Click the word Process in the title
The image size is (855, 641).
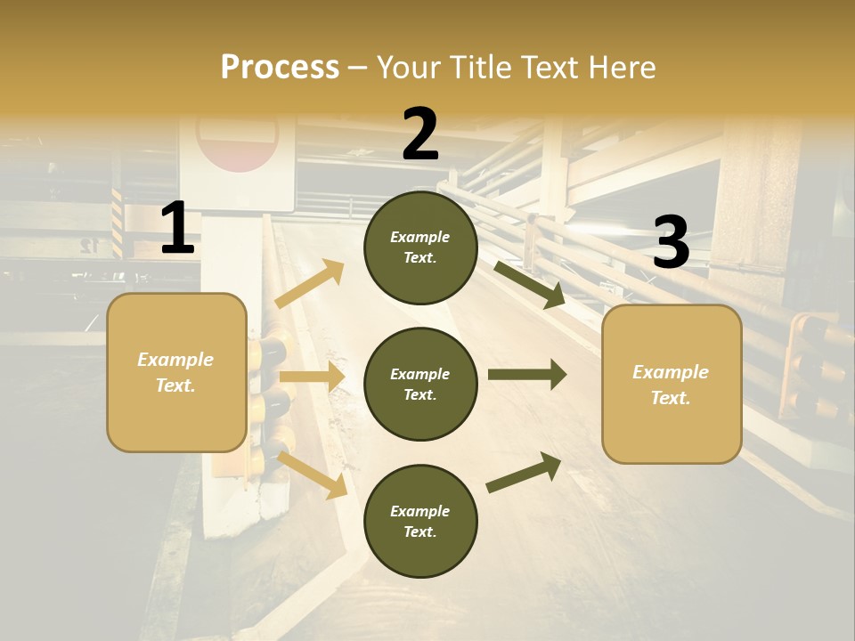pyautogui.click(x=280, y=68)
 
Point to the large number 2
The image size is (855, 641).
pyautogui.click(x=420, y=134)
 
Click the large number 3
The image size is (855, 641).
pyautogui.click(x=672, y=242)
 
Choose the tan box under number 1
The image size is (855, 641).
pyautogui.click(x=176, y=372)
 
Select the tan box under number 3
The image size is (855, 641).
pyautogui.click(x=672, y=385)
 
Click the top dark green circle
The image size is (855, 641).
pyautogui.click(x=420, y=247)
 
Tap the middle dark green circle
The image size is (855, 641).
pyautogui.click(x=420, y=385)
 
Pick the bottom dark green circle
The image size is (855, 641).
pyautogui.click(x=420, y=522)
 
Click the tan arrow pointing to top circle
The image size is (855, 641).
pyautogui.click(x=310, y=284)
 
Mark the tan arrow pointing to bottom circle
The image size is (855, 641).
pyautogui.click(x=312, y=475)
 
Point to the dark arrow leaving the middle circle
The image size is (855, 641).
pyautogui.click(x=527, y=374)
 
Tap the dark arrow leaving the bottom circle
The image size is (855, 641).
pyautogui.click(x=524, y=473)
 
